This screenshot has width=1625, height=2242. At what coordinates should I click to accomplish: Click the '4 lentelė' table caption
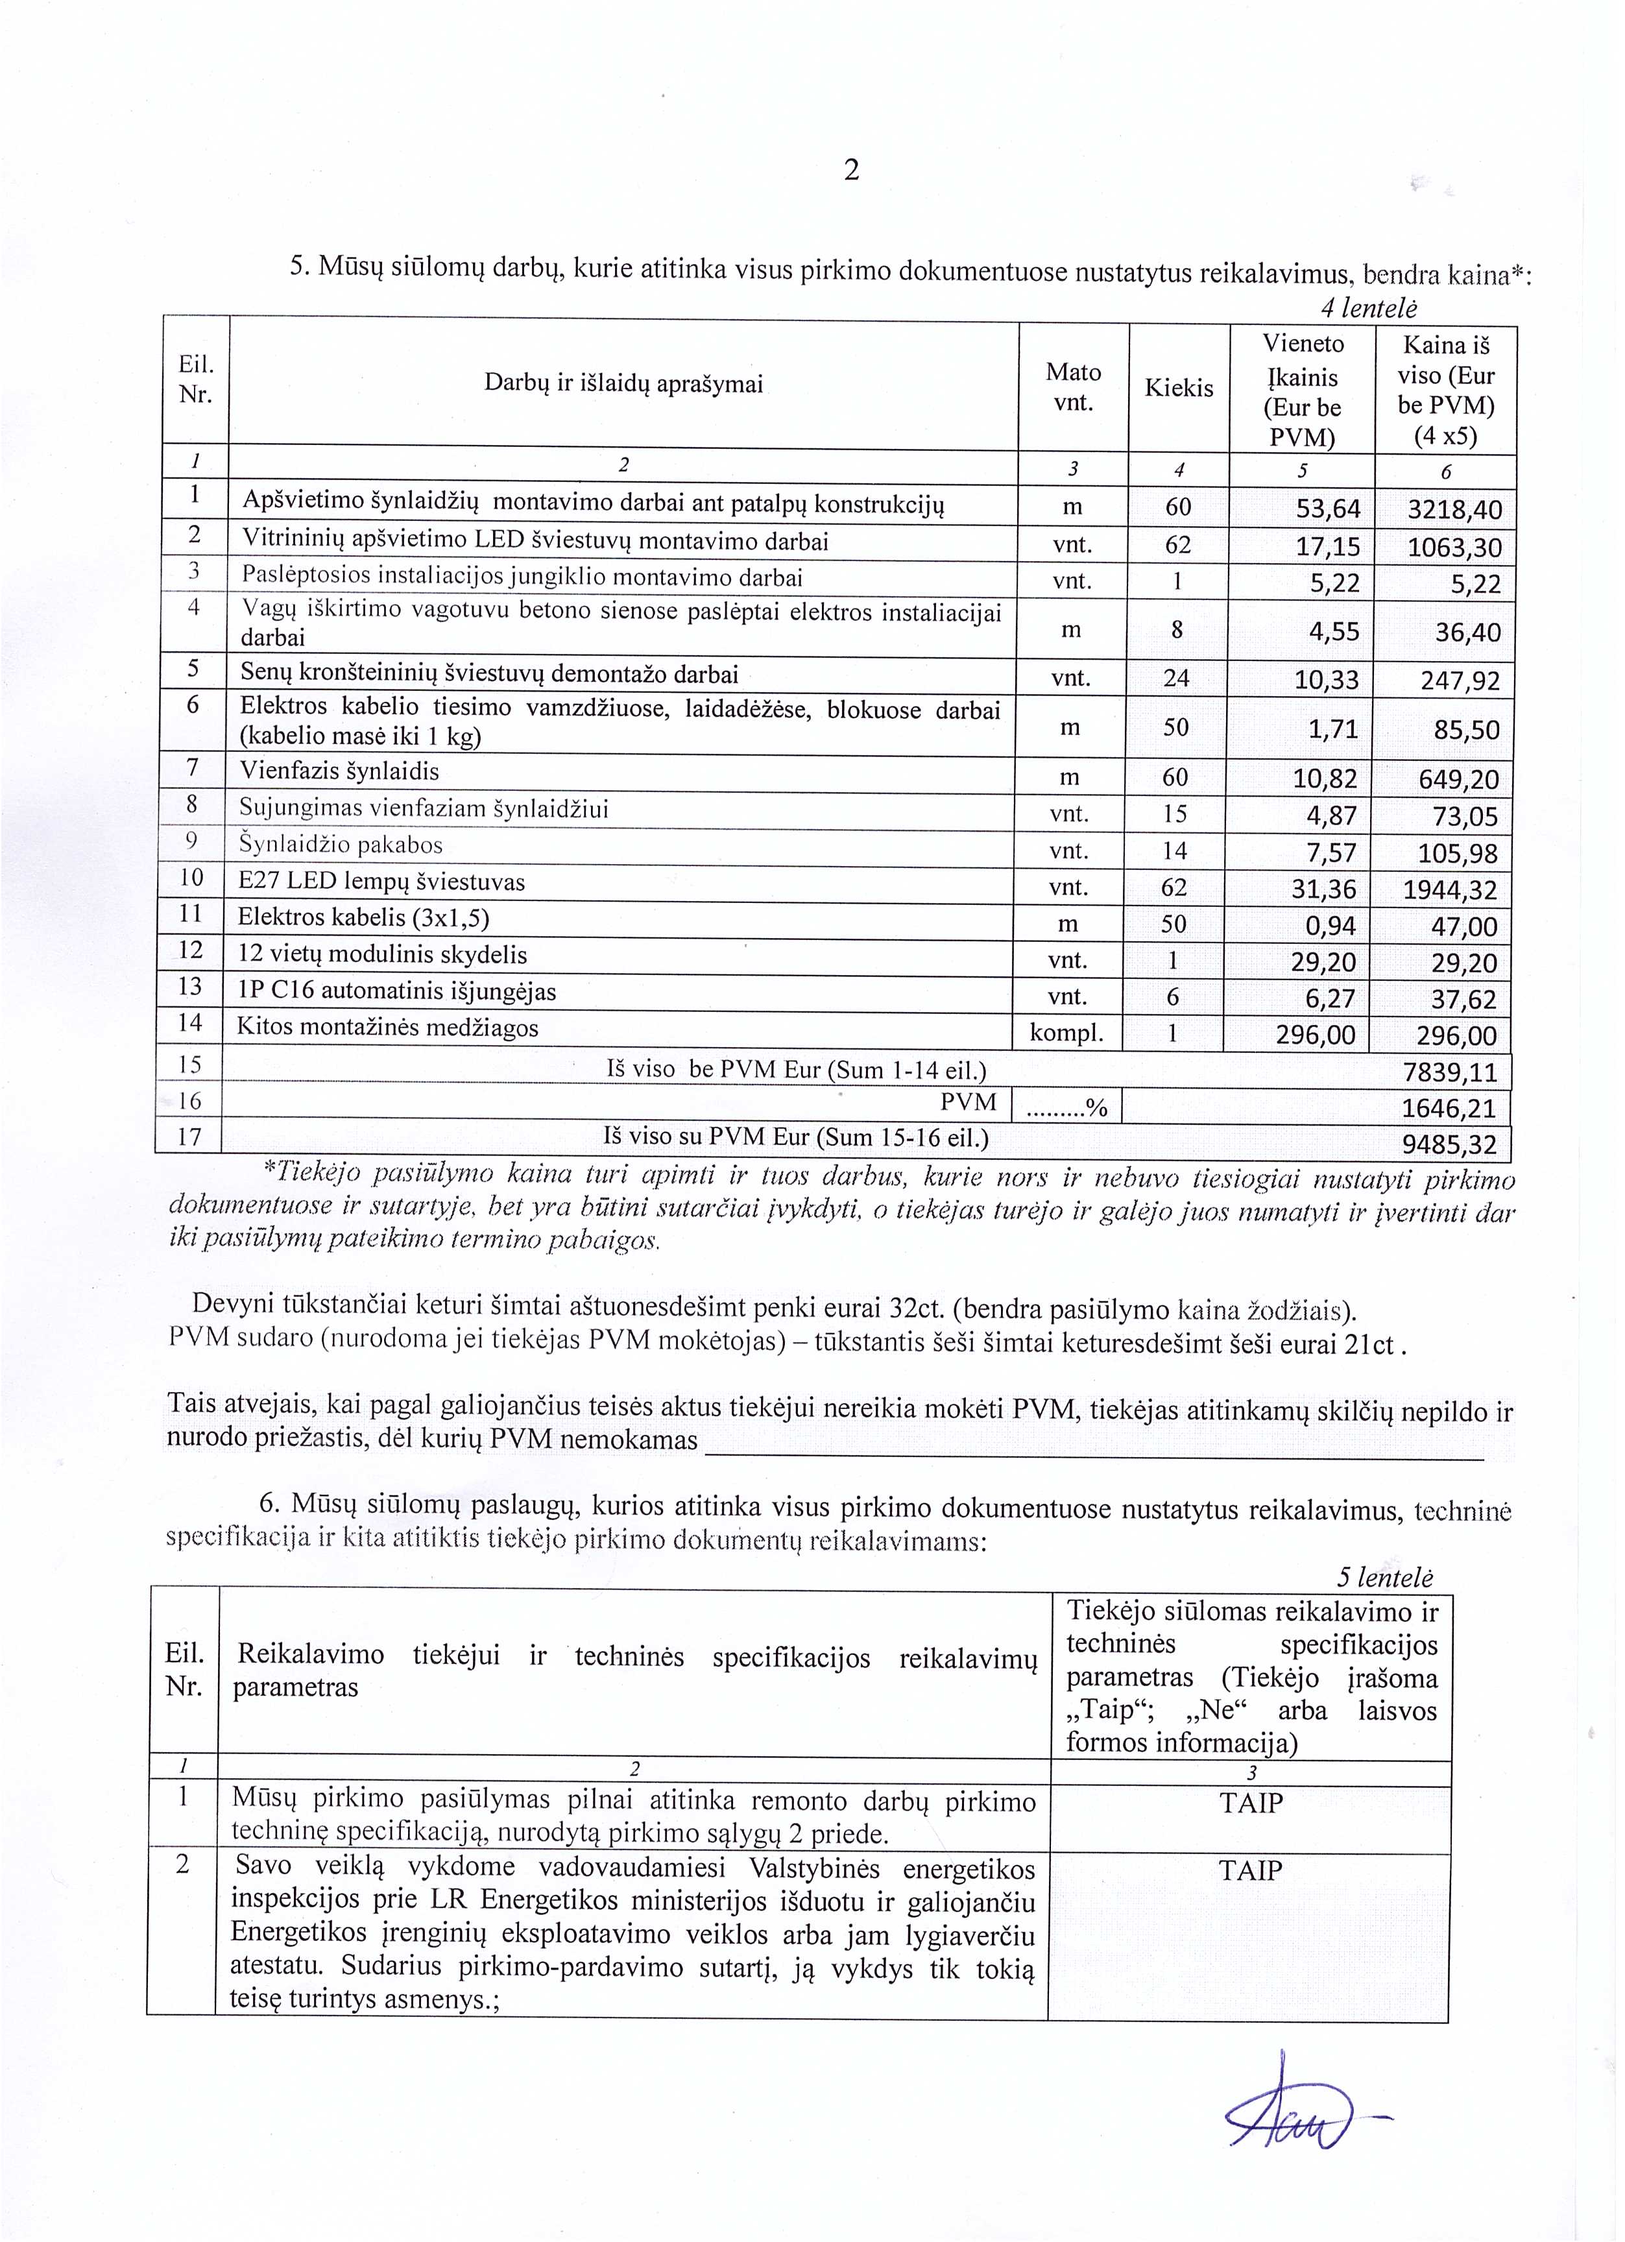point(1368,308)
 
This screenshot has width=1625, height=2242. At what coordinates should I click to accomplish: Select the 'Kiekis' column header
point(1178,387)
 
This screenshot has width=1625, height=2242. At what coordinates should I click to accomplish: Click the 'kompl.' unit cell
point(1066,1034)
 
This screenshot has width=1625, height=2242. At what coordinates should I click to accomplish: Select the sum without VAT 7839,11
point(1450,1072)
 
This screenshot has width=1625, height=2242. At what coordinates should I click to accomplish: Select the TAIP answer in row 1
point(1251,1803)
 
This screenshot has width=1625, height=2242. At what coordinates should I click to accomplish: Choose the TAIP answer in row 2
point(1251,1870)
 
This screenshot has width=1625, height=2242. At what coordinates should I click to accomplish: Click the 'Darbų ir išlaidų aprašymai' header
point(623,383)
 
